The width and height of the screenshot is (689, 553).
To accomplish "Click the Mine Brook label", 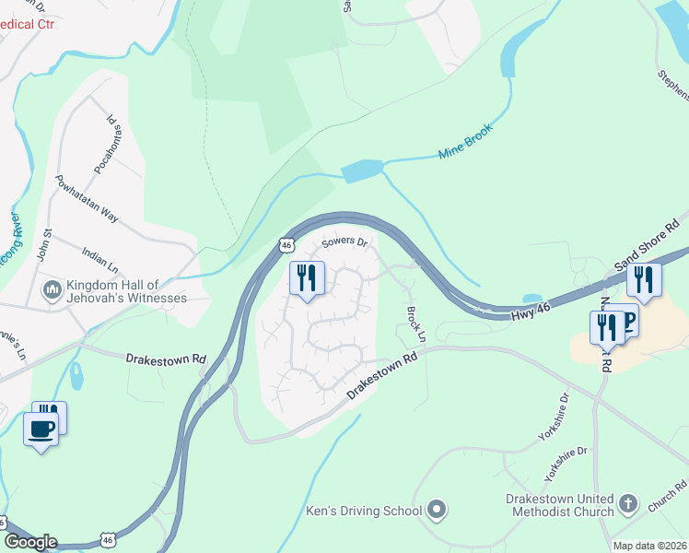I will click(466, 141).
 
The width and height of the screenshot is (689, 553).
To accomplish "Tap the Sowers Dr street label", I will click(344, 244).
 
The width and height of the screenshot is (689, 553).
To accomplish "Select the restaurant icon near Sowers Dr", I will click(307, 277).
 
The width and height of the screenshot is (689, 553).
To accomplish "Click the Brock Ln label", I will click(416, 320).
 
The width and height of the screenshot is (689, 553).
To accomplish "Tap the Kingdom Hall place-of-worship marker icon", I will click(53, 290).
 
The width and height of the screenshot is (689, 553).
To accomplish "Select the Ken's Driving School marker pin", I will click(437, 510).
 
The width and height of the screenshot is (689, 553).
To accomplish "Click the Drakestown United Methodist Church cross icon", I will click(628, 503).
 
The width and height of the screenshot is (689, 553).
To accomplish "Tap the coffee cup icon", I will click(41, 429).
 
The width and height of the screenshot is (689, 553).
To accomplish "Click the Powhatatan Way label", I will click(87, 198).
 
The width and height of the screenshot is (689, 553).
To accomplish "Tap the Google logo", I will click(29, 542).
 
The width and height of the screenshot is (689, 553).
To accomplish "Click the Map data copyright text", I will click(649, 546).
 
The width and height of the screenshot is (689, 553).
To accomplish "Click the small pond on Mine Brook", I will click(362, 171).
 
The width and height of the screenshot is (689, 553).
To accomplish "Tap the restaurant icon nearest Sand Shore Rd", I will click(644, 278).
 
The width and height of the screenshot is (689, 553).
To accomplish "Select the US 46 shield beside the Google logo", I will click(109, 539).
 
